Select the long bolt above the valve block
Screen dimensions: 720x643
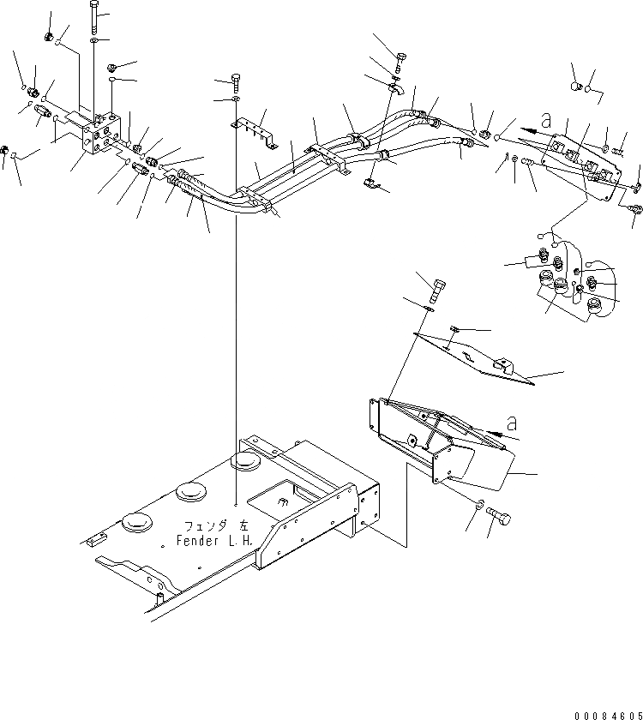[x=93, y=18]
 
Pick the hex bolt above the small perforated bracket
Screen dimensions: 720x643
[x=235, y=82]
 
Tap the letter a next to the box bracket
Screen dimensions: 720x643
[x=512, y=423]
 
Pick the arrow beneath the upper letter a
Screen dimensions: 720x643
[x=535, y=131]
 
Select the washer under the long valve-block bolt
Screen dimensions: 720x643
[x=94, y=40]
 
